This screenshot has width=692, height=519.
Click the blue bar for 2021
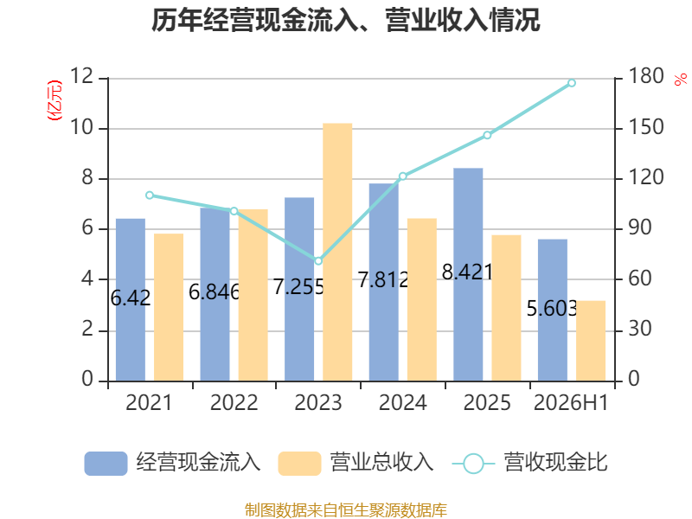(131, 299)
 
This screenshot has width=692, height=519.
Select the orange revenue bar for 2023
(337, 252)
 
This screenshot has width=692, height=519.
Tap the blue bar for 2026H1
(553, 311)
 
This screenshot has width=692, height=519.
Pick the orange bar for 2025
(506, 308)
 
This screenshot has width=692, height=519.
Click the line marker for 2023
(318, 261)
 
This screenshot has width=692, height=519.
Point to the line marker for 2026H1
(572, 83)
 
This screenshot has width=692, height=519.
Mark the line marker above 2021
(150, 195)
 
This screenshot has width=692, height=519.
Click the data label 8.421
(467, 272)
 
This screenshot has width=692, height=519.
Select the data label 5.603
(552, 309)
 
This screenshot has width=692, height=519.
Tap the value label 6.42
(131, 298)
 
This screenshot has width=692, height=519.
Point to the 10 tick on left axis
(82, 128)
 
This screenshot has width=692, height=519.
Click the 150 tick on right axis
(645, 127)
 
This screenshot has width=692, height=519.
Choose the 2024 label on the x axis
(402, 402)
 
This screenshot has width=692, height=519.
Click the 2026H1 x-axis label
(571, 402)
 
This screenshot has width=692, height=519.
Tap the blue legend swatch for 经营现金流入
(106, 464)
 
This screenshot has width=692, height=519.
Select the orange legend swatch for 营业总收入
(299, 464)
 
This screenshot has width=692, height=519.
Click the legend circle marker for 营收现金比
(474, 464)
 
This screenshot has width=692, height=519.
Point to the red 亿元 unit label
(54, 100)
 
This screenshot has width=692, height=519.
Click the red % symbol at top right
(681, 80)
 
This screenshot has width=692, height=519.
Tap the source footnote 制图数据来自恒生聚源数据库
(346, 510)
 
